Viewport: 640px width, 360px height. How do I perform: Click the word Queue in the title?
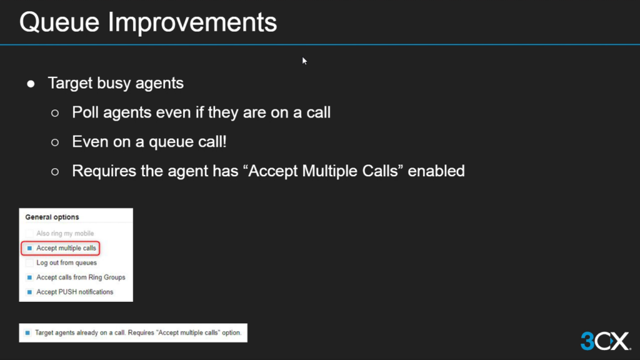pos(59,22)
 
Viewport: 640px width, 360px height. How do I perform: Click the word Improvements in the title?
pos(192,23)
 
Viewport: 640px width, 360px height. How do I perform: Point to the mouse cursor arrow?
pos(304,61)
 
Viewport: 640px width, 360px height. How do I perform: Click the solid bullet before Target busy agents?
pos(31,84)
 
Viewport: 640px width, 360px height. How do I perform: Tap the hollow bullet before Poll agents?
pos(55,113)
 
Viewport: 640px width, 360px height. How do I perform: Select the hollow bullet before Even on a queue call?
pos(55,142)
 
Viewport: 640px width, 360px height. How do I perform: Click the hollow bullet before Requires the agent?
pos(55,172)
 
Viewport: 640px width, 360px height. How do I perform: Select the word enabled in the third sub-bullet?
pos(436,171)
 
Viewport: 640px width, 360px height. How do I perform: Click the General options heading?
pos(52,217)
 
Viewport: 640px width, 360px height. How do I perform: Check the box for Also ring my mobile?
pos(29,234)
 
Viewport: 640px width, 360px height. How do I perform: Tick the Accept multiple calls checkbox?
pos(29,248)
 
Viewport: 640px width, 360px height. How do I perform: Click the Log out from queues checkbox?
pos(29,263)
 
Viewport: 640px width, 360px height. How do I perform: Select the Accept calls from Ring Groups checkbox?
pos(29,277)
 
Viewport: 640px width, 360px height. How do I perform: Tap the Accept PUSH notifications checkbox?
pos(29,292)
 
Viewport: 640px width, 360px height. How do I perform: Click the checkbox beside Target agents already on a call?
pos(27,332)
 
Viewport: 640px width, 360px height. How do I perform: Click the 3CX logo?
pos(606,341)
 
